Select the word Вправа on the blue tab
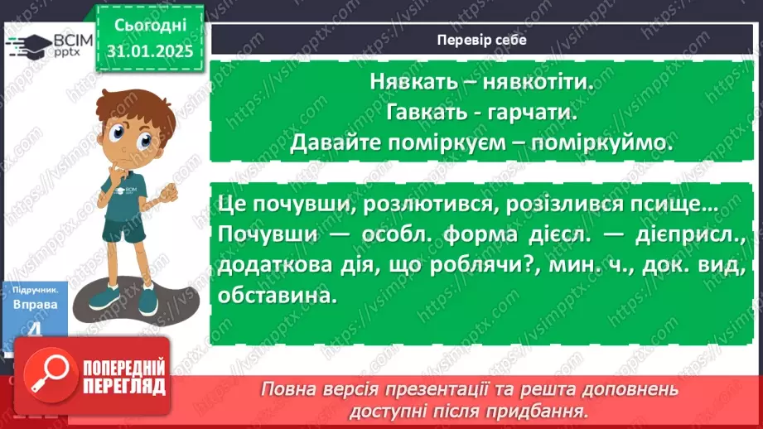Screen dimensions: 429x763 coord(35,304)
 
